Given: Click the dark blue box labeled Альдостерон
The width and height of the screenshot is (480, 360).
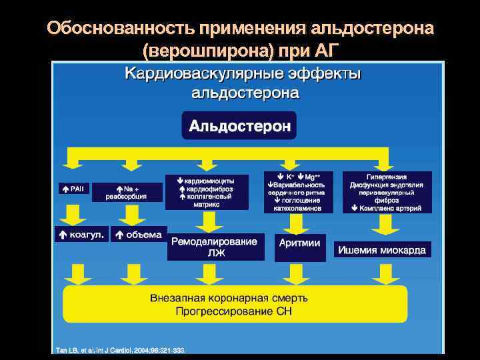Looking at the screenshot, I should pos(240,126).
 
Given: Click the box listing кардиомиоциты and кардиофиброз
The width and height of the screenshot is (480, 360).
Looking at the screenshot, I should pos(207,192).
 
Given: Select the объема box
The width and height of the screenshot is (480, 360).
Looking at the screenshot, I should pos(138,234).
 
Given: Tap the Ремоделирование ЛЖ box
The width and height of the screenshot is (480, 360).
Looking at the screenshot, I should pos(214,247).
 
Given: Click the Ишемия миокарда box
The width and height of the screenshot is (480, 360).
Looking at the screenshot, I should pos(382,250).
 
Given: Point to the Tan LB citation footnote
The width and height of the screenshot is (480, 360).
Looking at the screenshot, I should pos(120,349).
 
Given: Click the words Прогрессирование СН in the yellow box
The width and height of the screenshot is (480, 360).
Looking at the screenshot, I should pos(233,311).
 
